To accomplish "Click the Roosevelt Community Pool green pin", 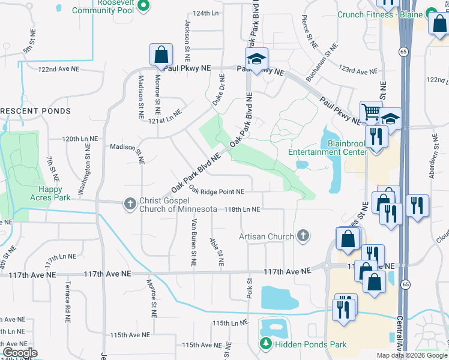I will [143, 7].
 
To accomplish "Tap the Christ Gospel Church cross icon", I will [130, 204].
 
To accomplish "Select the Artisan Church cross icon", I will [303, 236].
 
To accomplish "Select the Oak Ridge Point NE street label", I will [217, 191].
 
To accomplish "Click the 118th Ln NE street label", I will [242, 209].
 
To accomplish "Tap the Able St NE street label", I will [217, 251].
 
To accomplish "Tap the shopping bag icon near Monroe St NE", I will [161, 56].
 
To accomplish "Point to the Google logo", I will [20, 353].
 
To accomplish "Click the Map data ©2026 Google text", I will [412, 355].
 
